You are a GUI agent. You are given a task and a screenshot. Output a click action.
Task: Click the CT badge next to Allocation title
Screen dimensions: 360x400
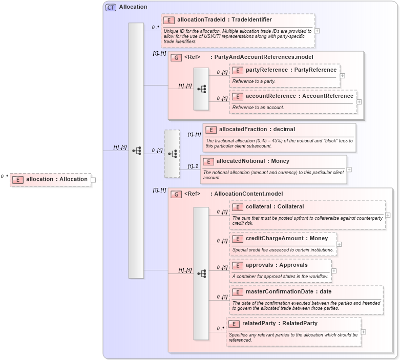[111, 7]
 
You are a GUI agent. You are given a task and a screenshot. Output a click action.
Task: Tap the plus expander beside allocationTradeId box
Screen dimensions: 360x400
[318, 30]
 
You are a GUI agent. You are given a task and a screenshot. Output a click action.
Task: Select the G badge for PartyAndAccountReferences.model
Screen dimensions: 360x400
[176, 57]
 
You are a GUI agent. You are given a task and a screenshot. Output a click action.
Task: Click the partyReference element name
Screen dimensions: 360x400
[291, 70]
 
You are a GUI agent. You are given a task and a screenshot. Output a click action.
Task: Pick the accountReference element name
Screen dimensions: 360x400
[299, 96]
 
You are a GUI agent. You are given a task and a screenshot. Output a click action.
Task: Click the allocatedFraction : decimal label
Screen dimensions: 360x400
[257, 130]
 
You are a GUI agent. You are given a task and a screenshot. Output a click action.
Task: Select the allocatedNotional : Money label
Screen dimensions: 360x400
[252, 161]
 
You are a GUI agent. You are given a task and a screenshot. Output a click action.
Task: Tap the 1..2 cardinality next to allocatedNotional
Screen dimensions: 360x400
[193, 166]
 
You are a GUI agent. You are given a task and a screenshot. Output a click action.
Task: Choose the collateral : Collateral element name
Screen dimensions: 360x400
[275, 207]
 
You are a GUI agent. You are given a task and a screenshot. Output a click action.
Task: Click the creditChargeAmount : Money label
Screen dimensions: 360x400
[287, 239]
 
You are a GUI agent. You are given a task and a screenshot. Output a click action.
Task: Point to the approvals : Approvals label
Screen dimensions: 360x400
[277, 265]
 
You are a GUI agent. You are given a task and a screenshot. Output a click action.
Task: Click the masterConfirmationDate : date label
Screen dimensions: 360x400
[288, 292]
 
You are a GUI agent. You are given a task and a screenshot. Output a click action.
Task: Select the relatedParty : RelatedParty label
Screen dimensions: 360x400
[280, 324]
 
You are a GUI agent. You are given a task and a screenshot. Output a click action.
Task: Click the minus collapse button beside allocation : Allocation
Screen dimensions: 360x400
[93, 180]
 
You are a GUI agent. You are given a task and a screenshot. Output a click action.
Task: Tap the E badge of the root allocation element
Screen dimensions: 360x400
[18, 180]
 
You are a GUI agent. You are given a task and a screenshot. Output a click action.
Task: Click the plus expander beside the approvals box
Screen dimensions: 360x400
[334, 271]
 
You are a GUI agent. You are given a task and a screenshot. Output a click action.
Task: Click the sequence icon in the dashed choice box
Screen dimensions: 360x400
[172, 154]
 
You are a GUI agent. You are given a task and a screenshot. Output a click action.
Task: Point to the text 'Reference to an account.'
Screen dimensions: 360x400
[258, 108]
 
